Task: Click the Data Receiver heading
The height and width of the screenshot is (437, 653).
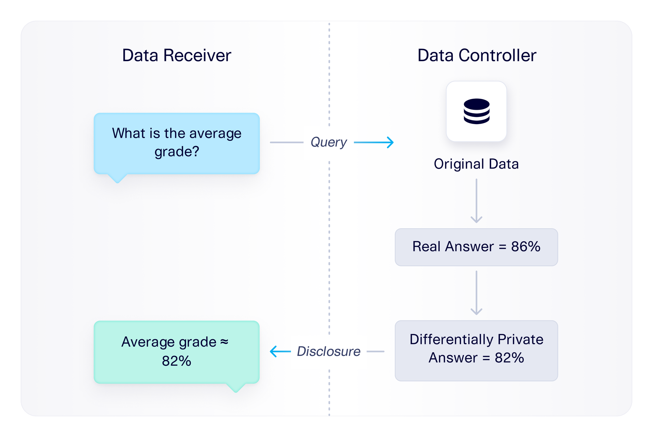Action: (177, 55)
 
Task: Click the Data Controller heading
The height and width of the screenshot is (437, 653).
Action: (476, 55)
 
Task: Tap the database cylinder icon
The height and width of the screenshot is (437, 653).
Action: (476, 111)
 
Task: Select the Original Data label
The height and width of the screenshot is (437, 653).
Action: (476, 164)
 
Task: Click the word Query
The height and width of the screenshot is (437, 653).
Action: (328, 142)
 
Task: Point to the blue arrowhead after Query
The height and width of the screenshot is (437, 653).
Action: (390, 142)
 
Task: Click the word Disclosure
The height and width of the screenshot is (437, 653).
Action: (328, 351)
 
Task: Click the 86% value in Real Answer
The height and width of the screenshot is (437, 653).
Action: (525, 247)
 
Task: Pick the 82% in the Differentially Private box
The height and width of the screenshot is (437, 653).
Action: (509, 358)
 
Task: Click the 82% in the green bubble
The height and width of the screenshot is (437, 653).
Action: (176, 361)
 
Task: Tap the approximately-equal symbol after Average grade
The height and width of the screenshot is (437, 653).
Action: (224, 342)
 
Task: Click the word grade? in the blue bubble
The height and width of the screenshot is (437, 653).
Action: (177, 152)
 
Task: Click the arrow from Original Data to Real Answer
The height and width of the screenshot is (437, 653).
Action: (476, 201)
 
